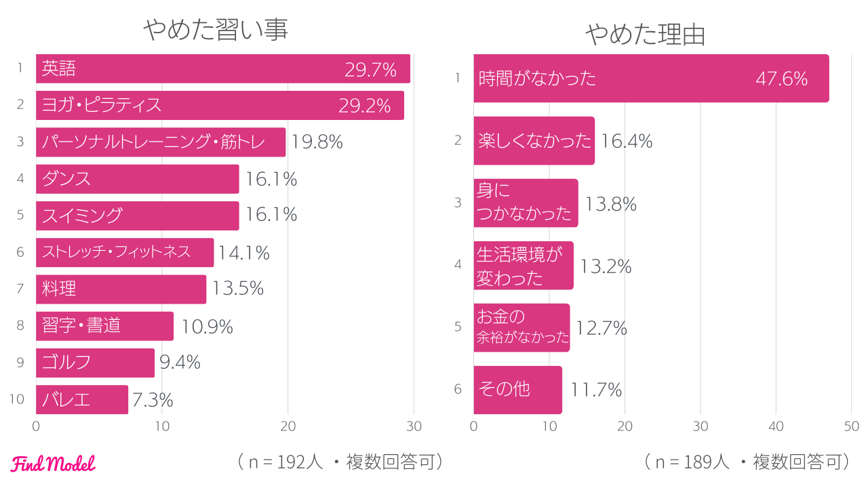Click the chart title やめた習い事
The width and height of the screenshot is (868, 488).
(216, 30)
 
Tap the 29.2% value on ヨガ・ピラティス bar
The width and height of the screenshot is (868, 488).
(365, 106)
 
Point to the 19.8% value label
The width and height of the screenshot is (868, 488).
(317, 142)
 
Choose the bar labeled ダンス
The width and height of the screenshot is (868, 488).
(137, 179)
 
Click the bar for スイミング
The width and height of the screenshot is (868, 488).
(137, 216)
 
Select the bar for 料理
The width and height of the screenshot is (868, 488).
(121, 289)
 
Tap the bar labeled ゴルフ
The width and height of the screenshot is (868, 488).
(95, 363)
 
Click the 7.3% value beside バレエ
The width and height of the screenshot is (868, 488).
(153, 400)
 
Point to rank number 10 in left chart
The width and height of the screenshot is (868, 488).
(17, 399)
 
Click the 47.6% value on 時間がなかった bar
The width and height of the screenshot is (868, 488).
(781, 79)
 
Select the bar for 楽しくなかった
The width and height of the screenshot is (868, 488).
(534, 141)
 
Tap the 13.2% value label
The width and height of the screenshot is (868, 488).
(606, 266)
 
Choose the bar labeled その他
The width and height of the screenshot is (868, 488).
(517, 390)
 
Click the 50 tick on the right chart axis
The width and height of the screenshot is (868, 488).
(851, 426)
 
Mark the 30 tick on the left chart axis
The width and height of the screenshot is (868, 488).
(413, 426)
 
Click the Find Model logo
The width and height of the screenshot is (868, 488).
(53, 464)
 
